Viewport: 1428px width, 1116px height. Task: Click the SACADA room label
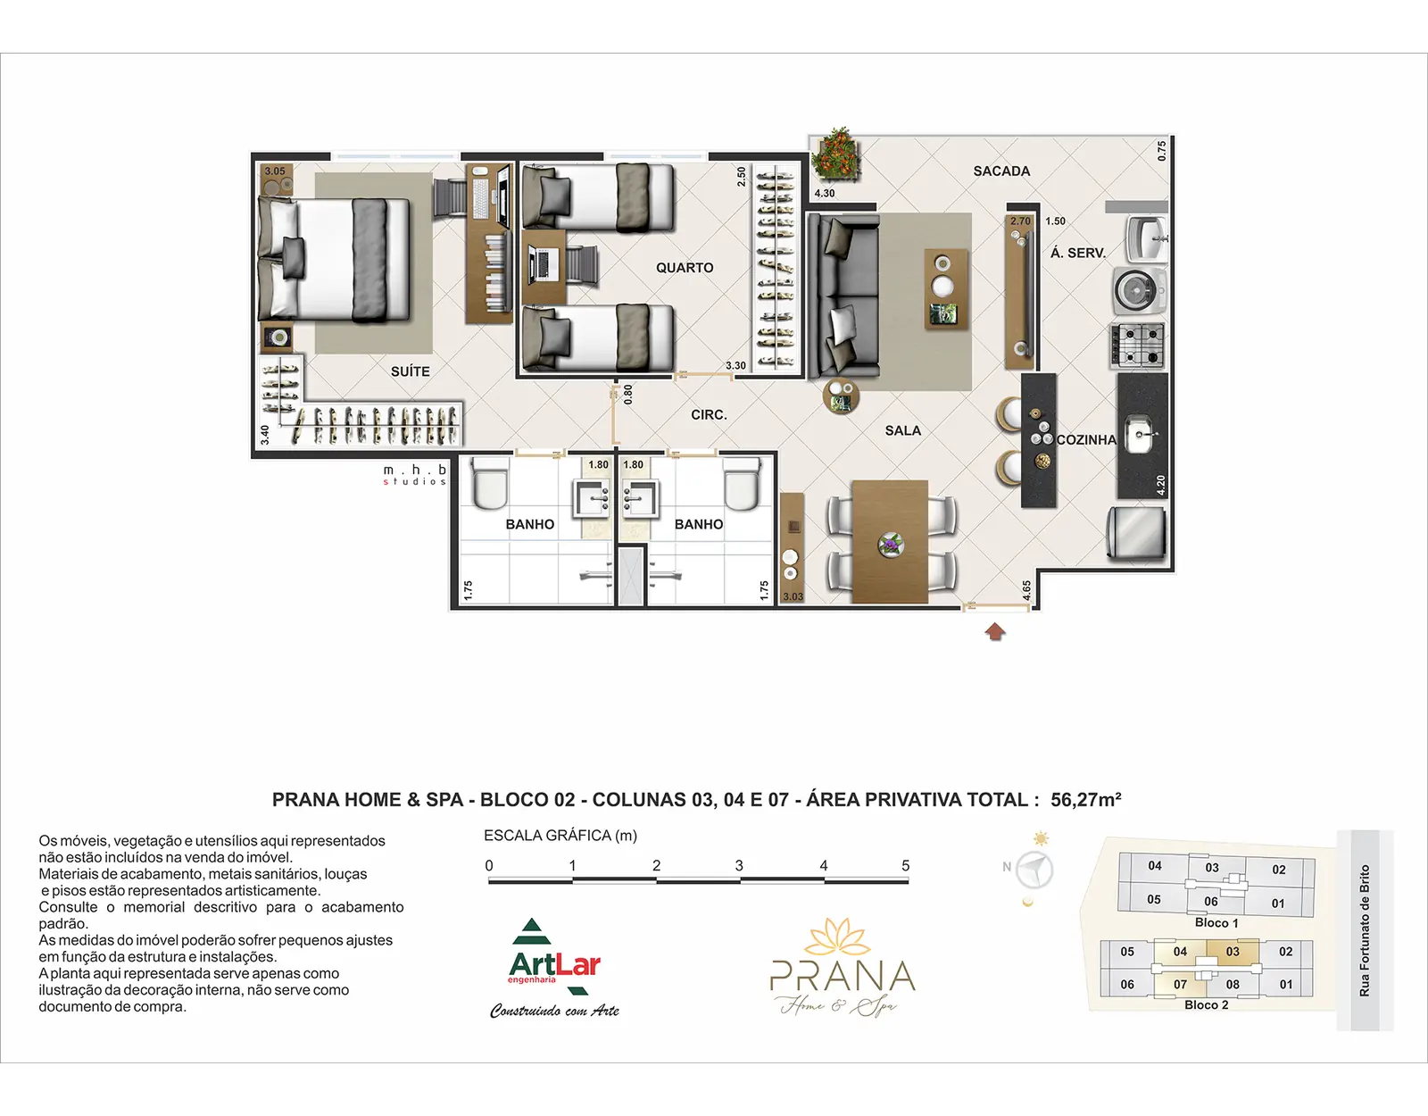click(1001, 171)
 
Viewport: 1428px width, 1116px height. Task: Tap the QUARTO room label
click(684, 268)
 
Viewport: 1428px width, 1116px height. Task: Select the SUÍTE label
click(410, 371)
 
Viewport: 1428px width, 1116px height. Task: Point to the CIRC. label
click(709, 415)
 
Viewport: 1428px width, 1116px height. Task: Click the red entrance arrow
click(995, 631)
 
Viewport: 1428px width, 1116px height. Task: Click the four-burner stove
click(1138, 346)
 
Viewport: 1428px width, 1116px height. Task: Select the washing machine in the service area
click(1140, 290)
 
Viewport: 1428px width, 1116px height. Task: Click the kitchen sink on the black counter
click(1142, 435)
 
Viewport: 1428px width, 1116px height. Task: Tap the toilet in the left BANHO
click(490, 484)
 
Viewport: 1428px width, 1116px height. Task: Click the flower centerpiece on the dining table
click(891, 545)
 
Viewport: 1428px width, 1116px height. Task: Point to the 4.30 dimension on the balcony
click(824, 193)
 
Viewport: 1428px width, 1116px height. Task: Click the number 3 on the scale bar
click(739, 866)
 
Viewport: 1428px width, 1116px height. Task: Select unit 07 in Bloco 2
click(1180, 985)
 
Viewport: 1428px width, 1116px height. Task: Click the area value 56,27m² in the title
click(1085, 800)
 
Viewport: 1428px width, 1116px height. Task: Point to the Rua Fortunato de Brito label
click(1365, 929)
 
